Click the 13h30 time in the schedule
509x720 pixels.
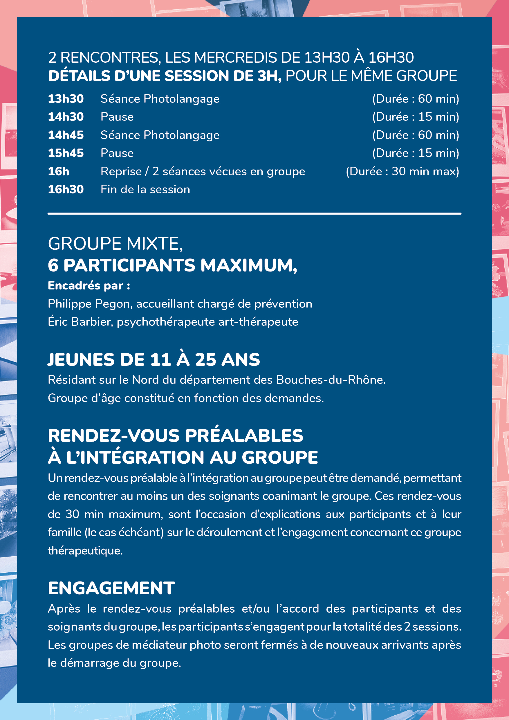[x=66, y=99]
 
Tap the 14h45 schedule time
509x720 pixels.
[x=66, y=135]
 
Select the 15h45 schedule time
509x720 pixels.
[x=66, y=153]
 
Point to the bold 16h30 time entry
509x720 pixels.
[x=66, y=189]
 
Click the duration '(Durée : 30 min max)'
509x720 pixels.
[x=402, y=172]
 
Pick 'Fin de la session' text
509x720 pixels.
[x=145, y=189]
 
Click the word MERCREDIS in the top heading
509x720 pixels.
[x=237, y=58]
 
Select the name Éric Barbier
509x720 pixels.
[x=80, y=322]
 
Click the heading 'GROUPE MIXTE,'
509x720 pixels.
[x=115, y=244]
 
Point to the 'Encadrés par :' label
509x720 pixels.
[x=89, y=286]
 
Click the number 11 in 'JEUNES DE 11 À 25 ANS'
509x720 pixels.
[x=160, y=359]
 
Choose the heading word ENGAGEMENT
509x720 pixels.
[x=111, y=588]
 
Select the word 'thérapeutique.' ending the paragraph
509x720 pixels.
[x=85, y=550]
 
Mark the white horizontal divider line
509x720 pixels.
[x=254, y=214]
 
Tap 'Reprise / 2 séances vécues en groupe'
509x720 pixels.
[x=203, y=172]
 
